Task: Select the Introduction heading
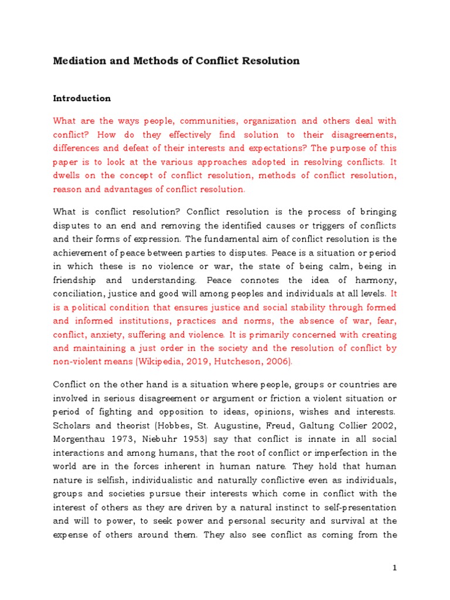(82, 98)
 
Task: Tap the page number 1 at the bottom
(395, 568)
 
